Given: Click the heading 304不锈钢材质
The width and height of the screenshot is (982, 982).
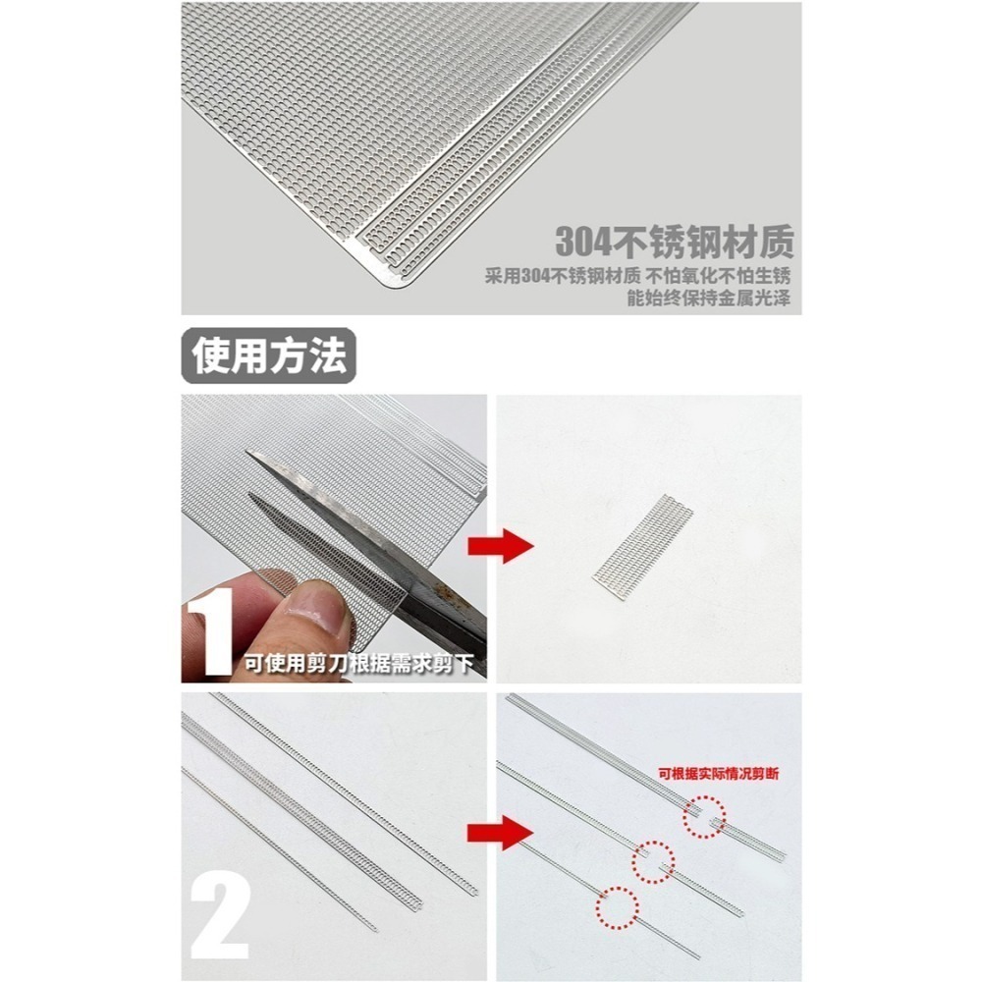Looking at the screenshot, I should [674, 241].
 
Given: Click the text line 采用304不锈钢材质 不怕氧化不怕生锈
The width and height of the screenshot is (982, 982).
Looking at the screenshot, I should [638, 276].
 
